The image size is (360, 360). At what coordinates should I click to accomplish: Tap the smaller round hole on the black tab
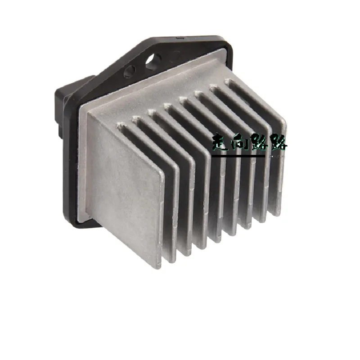(x=130, y=71)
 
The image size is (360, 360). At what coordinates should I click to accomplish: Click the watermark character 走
(x=221, y=144)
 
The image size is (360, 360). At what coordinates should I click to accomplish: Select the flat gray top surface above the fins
(x=148, y=94)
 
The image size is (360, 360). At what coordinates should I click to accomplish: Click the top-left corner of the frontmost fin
(x=88, y=111)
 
